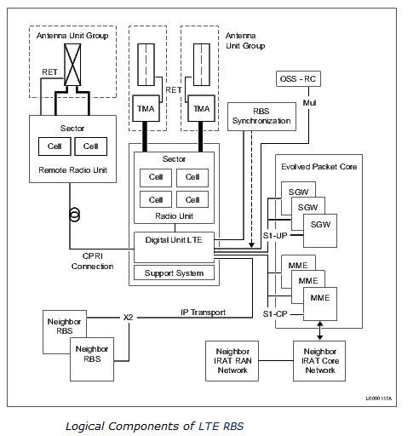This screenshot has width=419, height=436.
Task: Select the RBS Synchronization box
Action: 261,115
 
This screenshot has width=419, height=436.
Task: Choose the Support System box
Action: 174,273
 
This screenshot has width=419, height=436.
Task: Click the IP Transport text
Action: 204,313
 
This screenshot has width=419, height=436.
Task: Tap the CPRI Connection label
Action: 92,261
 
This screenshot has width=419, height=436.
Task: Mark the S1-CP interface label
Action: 276,313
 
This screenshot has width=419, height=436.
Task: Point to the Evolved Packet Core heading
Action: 319,167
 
